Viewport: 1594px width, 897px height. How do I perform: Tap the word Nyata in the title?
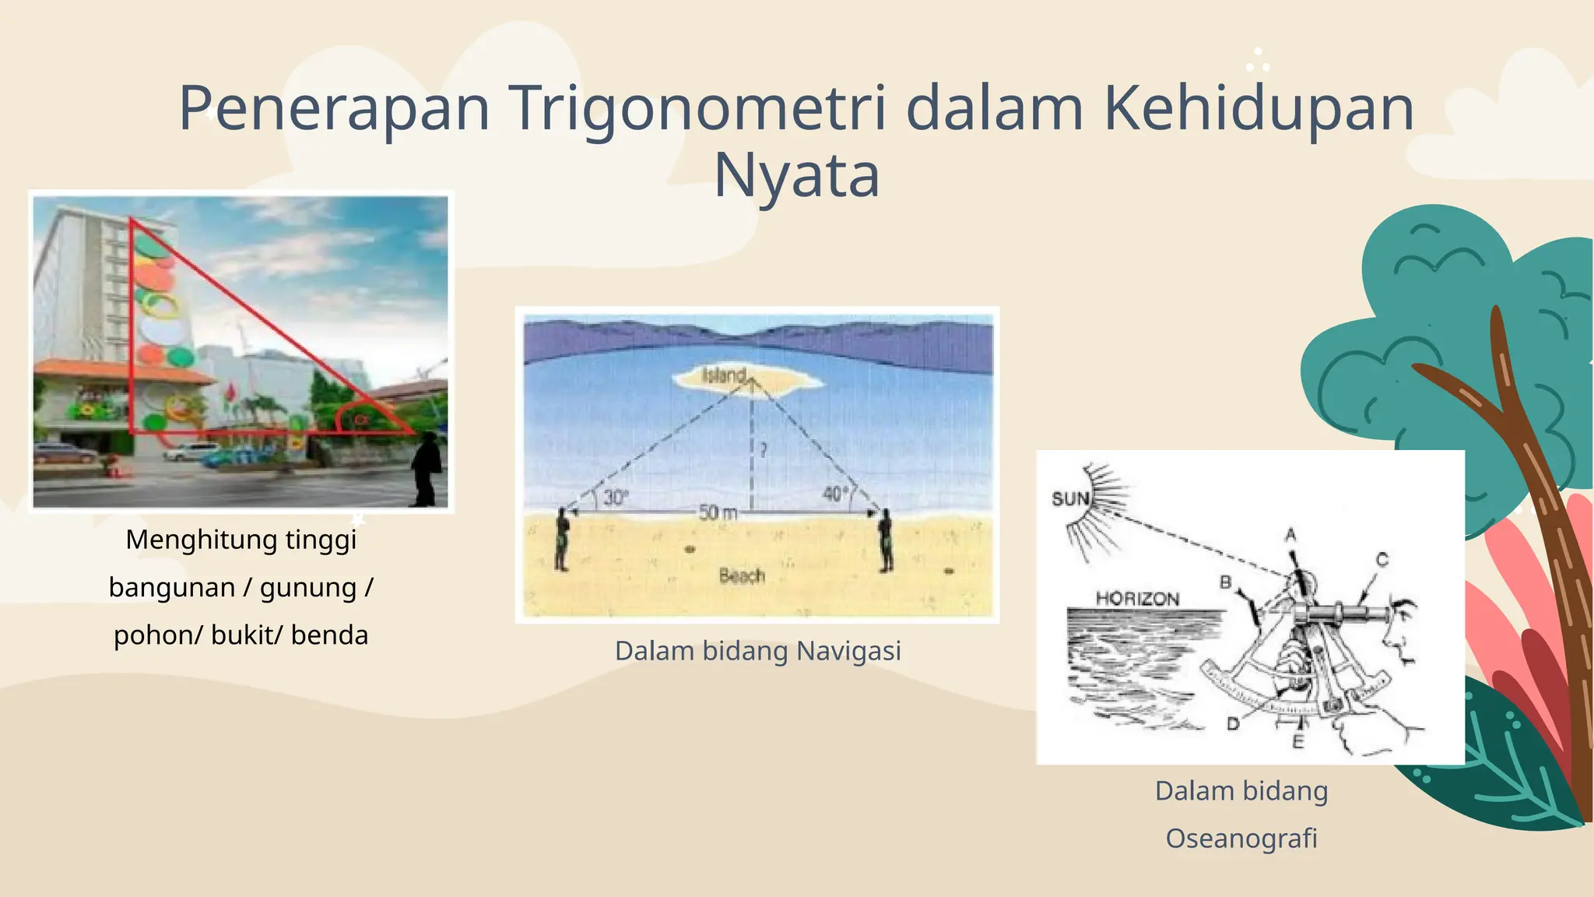796,176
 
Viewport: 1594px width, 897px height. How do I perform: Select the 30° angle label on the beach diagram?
615,498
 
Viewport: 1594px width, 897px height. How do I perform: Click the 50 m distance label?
717,513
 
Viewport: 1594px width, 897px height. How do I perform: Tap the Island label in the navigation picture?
724,375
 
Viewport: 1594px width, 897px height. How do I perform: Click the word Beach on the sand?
742,576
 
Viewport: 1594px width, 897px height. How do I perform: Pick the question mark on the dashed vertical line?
764,450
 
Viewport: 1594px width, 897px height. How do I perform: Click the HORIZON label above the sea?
1137,599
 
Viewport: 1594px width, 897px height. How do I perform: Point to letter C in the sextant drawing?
1382,559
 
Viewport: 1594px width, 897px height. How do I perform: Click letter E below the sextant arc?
1297,741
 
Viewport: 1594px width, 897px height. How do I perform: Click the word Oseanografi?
1241,839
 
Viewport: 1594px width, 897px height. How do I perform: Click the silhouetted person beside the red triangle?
427,470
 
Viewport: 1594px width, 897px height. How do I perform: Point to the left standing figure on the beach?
561,539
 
